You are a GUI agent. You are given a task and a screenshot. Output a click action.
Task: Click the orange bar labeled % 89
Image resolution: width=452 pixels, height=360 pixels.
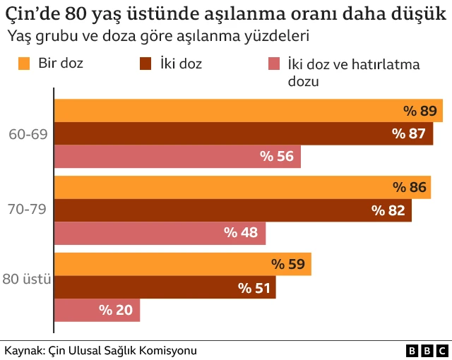pyautogui.click(x=247, y=110)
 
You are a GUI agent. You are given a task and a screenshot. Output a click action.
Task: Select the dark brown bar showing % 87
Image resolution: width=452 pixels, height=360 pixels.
pyautogui.click(x=243, y=133)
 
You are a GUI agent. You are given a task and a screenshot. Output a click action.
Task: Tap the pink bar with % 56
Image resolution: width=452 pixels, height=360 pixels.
pyautogui.click(x=177, y=157)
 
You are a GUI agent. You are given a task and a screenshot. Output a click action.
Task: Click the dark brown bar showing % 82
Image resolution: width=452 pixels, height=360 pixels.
pyautogui.click(x=232, y=210)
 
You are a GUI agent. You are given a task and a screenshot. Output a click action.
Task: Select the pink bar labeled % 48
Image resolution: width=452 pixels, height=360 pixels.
pyautogui.click(x=160, y=233)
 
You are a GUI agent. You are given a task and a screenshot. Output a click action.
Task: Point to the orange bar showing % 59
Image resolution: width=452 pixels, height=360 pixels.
pyautogui.click(x=182, y=264)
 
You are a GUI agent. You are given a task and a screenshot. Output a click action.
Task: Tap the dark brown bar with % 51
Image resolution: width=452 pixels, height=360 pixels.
pyautogui.click(x=165, y=287)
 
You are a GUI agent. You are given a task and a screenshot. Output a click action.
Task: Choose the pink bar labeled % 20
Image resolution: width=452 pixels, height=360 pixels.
pyautogui.click(x=97, y=310)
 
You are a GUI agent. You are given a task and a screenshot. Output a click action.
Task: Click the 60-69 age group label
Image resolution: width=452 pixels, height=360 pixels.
pyautogui.click(x=28, y=133)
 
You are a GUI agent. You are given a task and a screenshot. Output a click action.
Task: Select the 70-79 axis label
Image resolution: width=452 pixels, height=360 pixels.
pyautogui.click(x=28, y=210)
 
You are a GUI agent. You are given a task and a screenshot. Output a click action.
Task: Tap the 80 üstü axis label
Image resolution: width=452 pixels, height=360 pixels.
pyautogui.click(x=27, y=280)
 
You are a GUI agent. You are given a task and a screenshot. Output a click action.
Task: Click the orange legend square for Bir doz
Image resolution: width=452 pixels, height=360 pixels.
pyautogui.click(x=24, y=64)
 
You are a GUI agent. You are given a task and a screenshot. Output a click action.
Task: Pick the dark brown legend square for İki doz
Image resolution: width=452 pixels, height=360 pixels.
pyautogui.click(x=147, y=64)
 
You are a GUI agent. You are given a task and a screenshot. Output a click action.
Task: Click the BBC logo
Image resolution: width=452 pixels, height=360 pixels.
pyautogui.click(x=427, y=350)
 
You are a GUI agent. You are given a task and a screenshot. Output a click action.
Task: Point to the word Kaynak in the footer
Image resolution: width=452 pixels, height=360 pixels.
pyautogui.click(x=23, y=350)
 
